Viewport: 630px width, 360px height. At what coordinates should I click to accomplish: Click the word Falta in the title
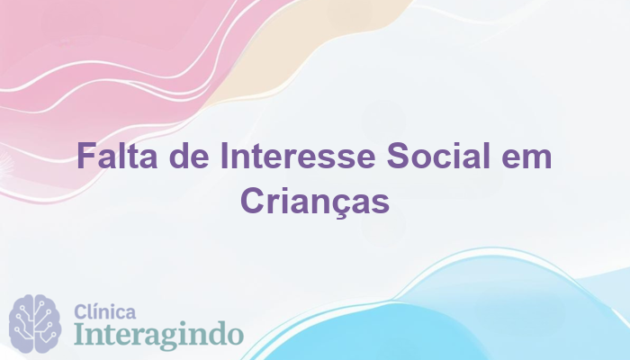click(109, 159)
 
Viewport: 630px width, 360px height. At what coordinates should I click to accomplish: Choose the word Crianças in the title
click(314, 201)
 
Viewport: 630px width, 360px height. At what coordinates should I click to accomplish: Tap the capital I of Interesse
click(225, 159)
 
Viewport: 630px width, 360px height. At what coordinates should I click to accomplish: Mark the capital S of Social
click(397, 159)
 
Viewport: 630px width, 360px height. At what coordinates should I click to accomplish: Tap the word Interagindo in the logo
click(158, 334)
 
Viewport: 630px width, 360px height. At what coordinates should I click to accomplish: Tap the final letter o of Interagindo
click(235, 336)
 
